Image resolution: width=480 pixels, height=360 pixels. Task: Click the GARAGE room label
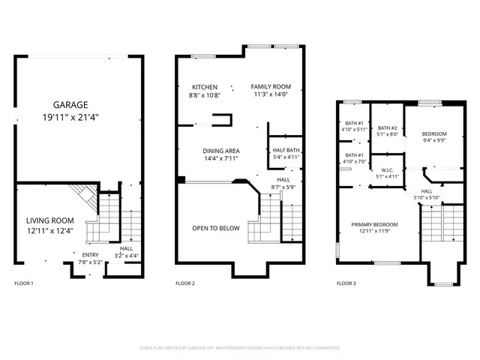(70, 105)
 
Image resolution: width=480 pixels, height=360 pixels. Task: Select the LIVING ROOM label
(50, 220)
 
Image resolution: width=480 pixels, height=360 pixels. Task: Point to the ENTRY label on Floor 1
(90, 254)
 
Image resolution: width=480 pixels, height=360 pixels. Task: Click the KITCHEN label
(205, 87)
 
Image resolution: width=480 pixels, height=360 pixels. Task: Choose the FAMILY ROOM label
(268, 87)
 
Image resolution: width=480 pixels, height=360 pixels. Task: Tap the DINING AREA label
(220, 151)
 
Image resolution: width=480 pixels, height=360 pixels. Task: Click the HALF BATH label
(286, 150)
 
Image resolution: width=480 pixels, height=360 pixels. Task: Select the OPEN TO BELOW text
(214, 228)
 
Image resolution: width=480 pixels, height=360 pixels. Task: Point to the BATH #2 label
(387, 127)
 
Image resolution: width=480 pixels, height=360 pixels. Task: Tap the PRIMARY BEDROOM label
(376, 224)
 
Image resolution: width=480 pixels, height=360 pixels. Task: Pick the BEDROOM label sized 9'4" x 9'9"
(433, 133)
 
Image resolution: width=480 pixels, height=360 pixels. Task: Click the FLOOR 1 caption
(25, 283)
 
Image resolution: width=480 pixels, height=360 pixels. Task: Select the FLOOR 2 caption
(185, 283)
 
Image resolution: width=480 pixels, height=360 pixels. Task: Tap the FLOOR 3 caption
(346, 283)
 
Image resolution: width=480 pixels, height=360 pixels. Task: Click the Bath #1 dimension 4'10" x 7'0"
(354, 162)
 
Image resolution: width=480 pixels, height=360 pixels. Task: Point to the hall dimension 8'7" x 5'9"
(283, 186)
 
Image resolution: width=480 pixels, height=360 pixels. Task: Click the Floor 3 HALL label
(426, 191)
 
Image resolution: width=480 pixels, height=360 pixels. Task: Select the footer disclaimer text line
(240, 348)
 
